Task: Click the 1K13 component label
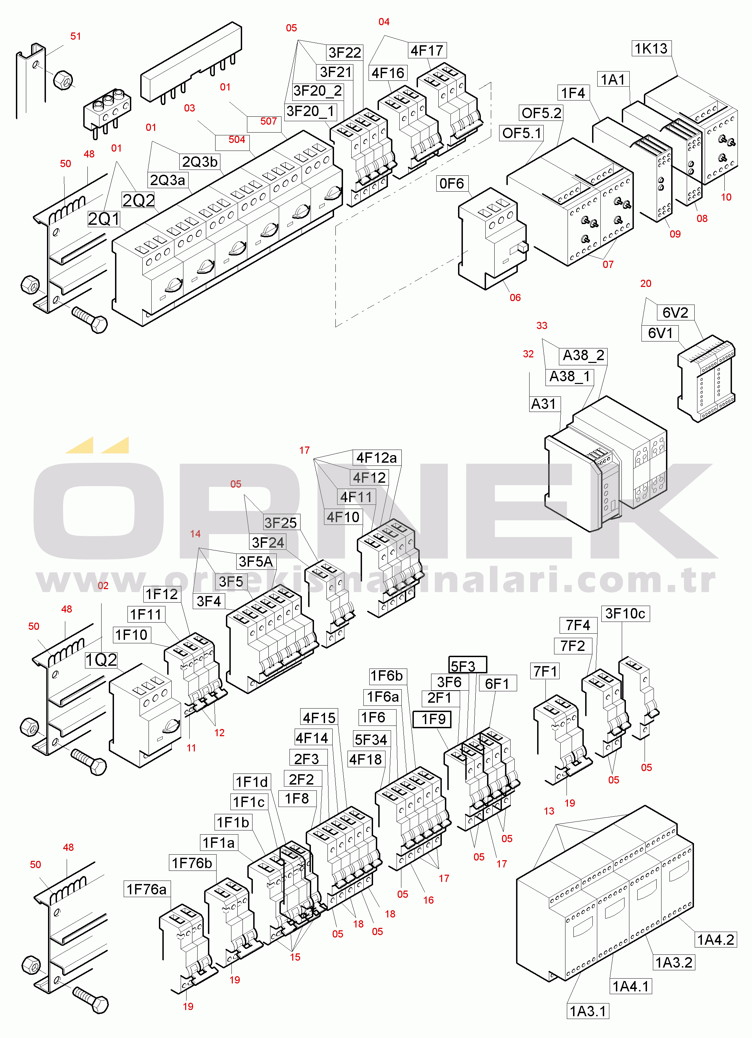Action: [x=651, y=48]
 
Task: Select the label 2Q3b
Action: [x=200, y=162]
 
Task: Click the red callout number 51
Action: [x=76, y=36]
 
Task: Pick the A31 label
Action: [x=543, y=404]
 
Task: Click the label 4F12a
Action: [x=376, y=457]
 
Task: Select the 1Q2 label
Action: [x=101, y=660]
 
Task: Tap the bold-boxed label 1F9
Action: [x=432, y=719]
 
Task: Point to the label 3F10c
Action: [x=625, y=613]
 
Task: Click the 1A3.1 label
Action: [x=588, y=1011]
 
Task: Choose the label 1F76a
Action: [x=146, y=889]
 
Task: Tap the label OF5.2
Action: [x=541, y=113]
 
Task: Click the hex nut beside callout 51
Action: [x=63, y=80]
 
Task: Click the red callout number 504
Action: [x=237, y=140]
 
